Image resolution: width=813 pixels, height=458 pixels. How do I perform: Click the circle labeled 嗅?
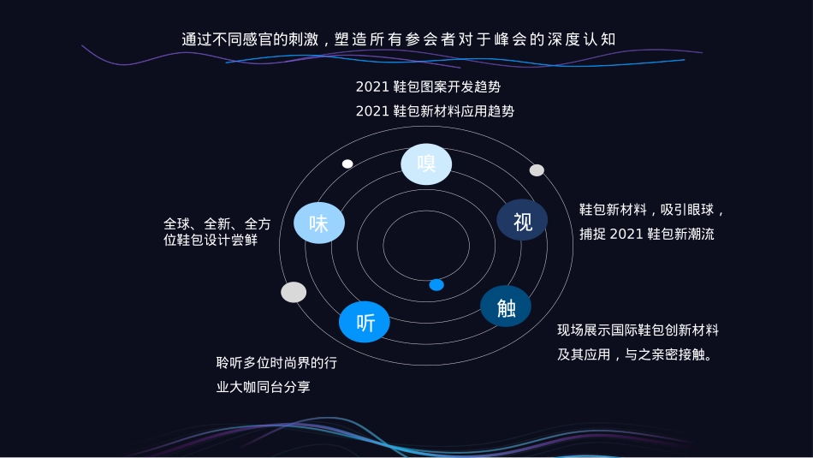pyautogui.click(x=426, y=164)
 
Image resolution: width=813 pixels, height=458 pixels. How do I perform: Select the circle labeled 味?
pyautogui.click(x=318, y=223)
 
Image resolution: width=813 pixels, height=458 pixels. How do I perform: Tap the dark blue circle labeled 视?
pyautogui.click(x=522, y=220)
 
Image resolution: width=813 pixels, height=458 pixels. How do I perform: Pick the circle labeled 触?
pyautogui.click(x=506, y=306)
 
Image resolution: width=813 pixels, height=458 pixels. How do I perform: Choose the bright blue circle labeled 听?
pyautogui.click(x=365, y=322)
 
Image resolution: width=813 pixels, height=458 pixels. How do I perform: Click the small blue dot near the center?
pyautogui.click(x=436, y=284)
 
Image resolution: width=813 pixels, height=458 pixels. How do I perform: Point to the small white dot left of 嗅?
pyautogui.click(x=347, y=164)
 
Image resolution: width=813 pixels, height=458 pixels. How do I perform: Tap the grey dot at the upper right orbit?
pyautogui.click(x=537, y=170)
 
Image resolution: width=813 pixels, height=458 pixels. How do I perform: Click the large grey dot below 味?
pyautogui.click(x=294, y=292)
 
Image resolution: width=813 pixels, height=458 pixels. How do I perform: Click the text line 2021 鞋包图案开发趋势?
pyautogui.click(x=428, y=86)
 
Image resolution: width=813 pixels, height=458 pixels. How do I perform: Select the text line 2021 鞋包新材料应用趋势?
pyautogui.click(x=435, y=111)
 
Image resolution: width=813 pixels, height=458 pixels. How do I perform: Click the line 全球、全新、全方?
pyautogui.click(x=217, y=223)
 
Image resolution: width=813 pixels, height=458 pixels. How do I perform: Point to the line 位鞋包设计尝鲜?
pyautogui.click(x=211, y=241)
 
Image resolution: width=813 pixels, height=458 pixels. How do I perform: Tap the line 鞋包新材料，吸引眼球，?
pyautogui.click(x=653, y=210)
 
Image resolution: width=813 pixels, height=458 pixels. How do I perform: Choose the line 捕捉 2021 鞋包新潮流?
pyautogui.click(x=647, y=234)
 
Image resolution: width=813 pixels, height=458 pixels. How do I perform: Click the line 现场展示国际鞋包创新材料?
pyautogui.click(x=638, y=330)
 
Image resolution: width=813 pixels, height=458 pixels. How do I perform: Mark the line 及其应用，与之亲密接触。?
pyautogui.click(x=635, y=354)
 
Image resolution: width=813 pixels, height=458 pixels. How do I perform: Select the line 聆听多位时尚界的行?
pyautogui.click(x=276, y=363)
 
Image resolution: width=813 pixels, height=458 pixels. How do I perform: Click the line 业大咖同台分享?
pyautogui.click(x=264, y=387)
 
